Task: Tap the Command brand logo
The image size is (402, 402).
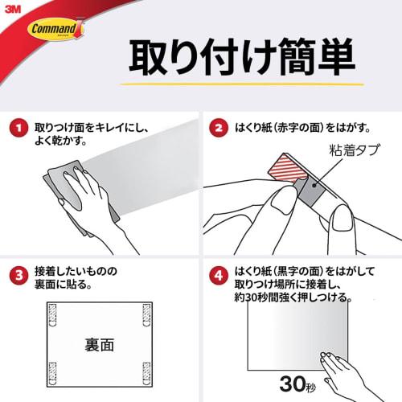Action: (55, 30)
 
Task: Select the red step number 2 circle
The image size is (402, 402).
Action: (217, 128)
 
